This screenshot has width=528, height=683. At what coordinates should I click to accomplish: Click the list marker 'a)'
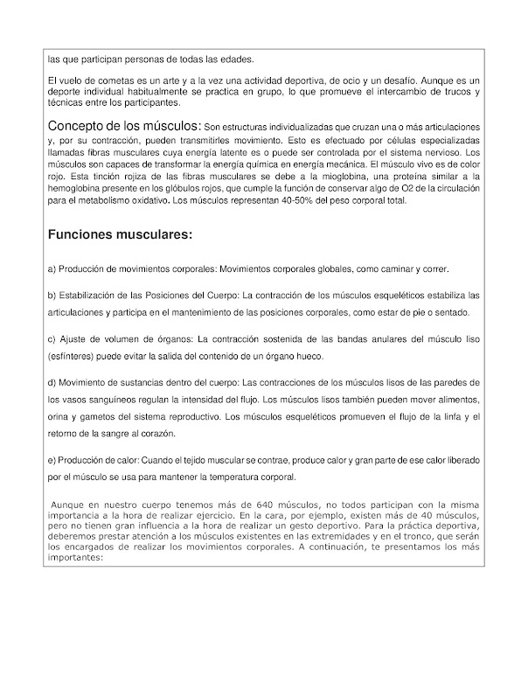point(52,268)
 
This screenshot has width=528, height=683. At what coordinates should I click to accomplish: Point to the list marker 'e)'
point(52,459)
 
